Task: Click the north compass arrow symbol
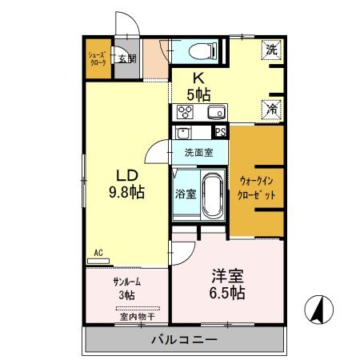[x=317, y=307]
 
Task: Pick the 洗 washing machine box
[x=271, y=50]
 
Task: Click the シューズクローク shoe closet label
[x=96, y=59]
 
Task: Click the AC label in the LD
[x=98, y=253]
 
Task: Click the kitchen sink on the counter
[x=214, y=111]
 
